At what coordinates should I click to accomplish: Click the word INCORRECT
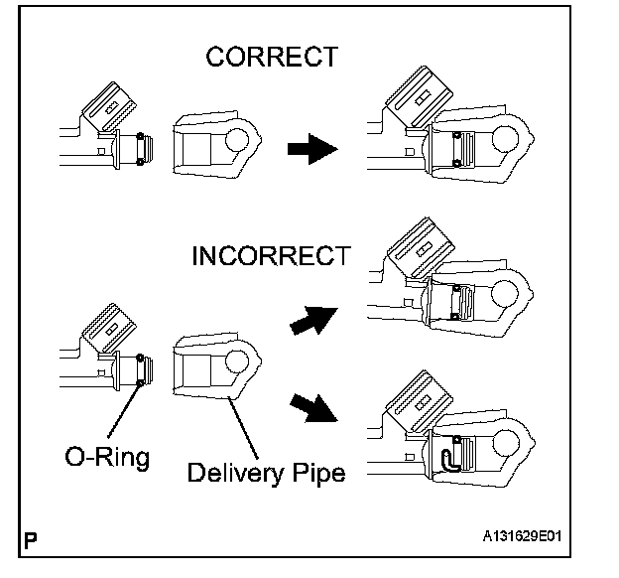point(270,255)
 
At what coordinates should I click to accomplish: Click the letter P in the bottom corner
point(32,542)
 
